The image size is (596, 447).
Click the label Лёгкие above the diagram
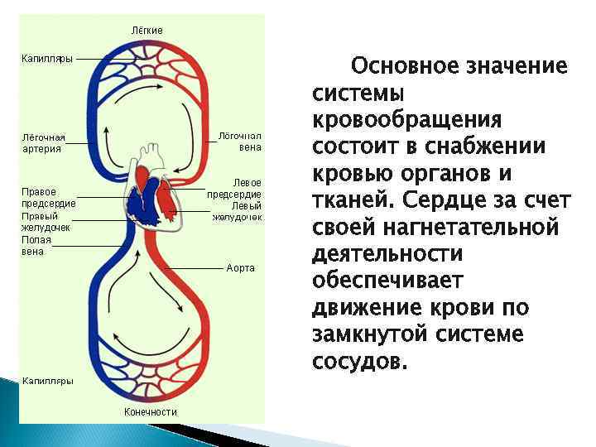tap(147, 31)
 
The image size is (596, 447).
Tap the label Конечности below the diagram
tap(151, 411)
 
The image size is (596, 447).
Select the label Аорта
tap(240, 268)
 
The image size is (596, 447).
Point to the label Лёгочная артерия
tap(43, 142)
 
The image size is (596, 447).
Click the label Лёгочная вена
tap(239, 141)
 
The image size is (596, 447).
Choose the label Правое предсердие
tap(48, 197)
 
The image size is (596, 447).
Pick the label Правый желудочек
tap(46, 220)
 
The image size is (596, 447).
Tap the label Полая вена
tap(36, 245)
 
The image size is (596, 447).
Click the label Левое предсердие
tap(235, 188)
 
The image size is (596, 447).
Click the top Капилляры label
tap(46, 58)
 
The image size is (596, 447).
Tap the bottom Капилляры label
tap(47, 381)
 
